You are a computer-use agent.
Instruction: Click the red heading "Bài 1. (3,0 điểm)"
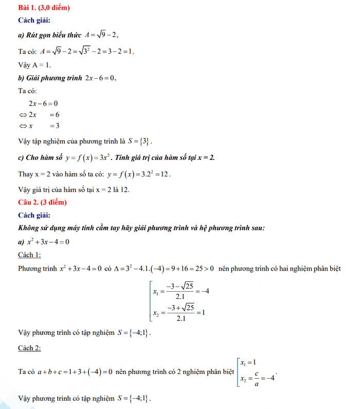pyautogui.click(x=44, y=8)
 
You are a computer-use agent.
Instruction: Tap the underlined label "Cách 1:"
pyautogui.click(x=29, y=255)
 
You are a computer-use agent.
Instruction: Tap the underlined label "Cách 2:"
pyautogui.click(x=29, y=348)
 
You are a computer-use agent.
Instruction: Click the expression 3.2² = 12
pyautogui.click(x=153, y=173)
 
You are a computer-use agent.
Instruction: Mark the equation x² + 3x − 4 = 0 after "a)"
pyautogui.click(x=47, y=241)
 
